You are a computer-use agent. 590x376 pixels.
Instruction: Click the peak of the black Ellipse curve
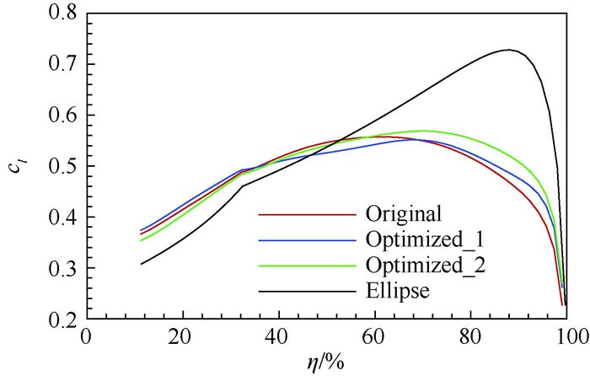(x=508, y=50)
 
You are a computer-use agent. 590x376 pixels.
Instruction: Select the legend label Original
(x=405, y=211)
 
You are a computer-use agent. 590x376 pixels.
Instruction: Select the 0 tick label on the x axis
(x=85, y=336)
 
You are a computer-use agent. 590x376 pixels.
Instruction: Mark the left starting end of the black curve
(x=141, y=264)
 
